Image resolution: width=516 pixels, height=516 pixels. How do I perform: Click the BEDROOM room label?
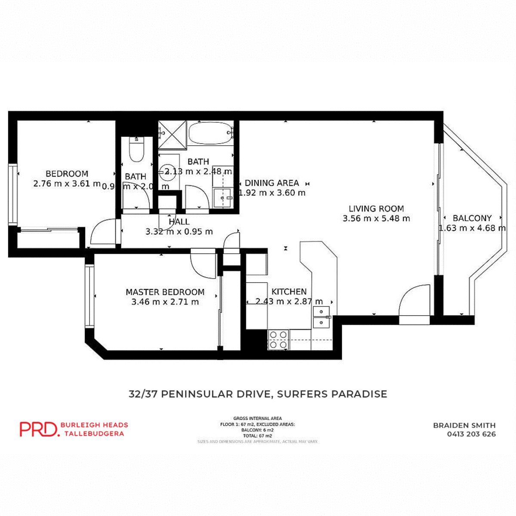click(67, 174)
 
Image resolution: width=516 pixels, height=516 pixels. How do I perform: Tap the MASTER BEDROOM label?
click(165, 292)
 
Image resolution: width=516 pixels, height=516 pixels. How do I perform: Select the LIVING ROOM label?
click(376, 209)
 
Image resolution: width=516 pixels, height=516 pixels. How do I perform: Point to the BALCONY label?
click(472, 218)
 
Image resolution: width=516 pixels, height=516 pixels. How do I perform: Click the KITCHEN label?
click(289, 292)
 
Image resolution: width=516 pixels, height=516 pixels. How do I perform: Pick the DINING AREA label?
click(272, 183)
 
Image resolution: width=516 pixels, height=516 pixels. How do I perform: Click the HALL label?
click(179, 222)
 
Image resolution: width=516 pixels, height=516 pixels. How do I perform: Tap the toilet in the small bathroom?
click(137, 150)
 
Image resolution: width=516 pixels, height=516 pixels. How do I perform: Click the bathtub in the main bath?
click(211, 133)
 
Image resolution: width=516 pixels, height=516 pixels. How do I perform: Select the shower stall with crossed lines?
click(172, 135)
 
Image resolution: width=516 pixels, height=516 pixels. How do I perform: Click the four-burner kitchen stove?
click(278, 340)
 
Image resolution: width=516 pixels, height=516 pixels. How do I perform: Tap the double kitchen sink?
click(321, 317)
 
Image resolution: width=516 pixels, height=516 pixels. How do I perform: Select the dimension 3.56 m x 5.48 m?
click(376, 218)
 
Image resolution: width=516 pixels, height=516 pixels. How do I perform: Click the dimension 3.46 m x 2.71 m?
click(165, 302)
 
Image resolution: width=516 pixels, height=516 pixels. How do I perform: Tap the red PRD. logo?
click(39, 429)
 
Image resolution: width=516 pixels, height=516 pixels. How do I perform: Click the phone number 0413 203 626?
click(471, 434)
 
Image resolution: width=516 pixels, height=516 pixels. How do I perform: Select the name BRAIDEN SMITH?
click(464, 425)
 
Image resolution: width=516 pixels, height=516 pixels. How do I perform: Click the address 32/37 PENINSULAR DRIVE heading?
click(258, 394)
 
